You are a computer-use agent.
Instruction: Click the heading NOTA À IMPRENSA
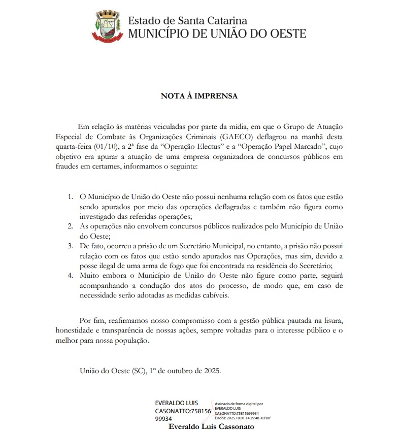(199, 95)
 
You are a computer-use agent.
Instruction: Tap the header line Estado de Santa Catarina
(188, 21)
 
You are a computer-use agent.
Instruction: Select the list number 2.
(71, 226)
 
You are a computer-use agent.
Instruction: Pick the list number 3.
(71, 246)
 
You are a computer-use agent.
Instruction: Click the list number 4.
(71, 276)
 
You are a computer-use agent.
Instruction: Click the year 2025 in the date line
(211, 371)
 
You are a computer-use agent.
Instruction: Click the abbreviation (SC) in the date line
(139, 371)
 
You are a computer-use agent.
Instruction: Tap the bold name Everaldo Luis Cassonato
(211, 426)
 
